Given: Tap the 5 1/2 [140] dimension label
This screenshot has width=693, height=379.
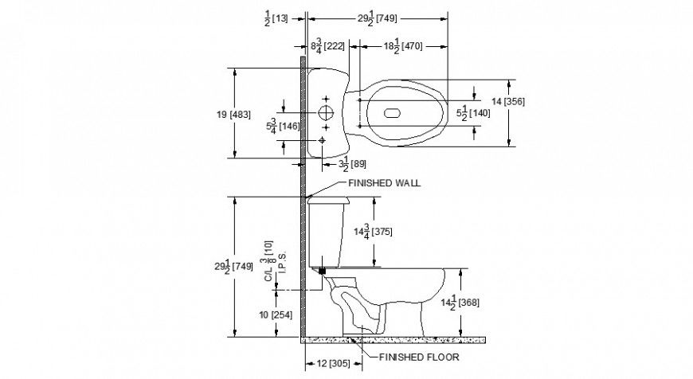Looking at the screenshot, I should (472, 113).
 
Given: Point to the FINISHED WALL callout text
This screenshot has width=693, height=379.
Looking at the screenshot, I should (384, 182).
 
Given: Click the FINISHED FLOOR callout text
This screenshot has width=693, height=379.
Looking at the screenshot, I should (417, 357).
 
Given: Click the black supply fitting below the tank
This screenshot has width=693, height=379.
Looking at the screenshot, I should (322, 271).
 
